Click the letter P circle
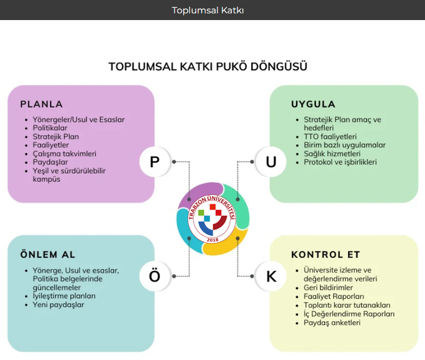point(155,162)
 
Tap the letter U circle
point(271,162)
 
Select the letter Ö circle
point(155,276)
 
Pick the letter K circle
point(271,276)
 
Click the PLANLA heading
point(41,104)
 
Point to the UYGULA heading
point(313,104)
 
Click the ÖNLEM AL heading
point(48,255)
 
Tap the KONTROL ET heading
point(325,255)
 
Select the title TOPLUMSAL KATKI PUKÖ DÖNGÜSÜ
point(208,67)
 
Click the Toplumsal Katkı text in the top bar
point(208,10)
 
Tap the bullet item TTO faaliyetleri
point(330,137)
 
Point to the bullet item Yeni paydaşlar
point(58,305)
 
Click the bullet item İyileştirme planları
point(64,296)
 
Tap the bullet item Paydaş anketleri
point(332,322)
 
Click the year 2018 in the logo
point(212,240)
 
